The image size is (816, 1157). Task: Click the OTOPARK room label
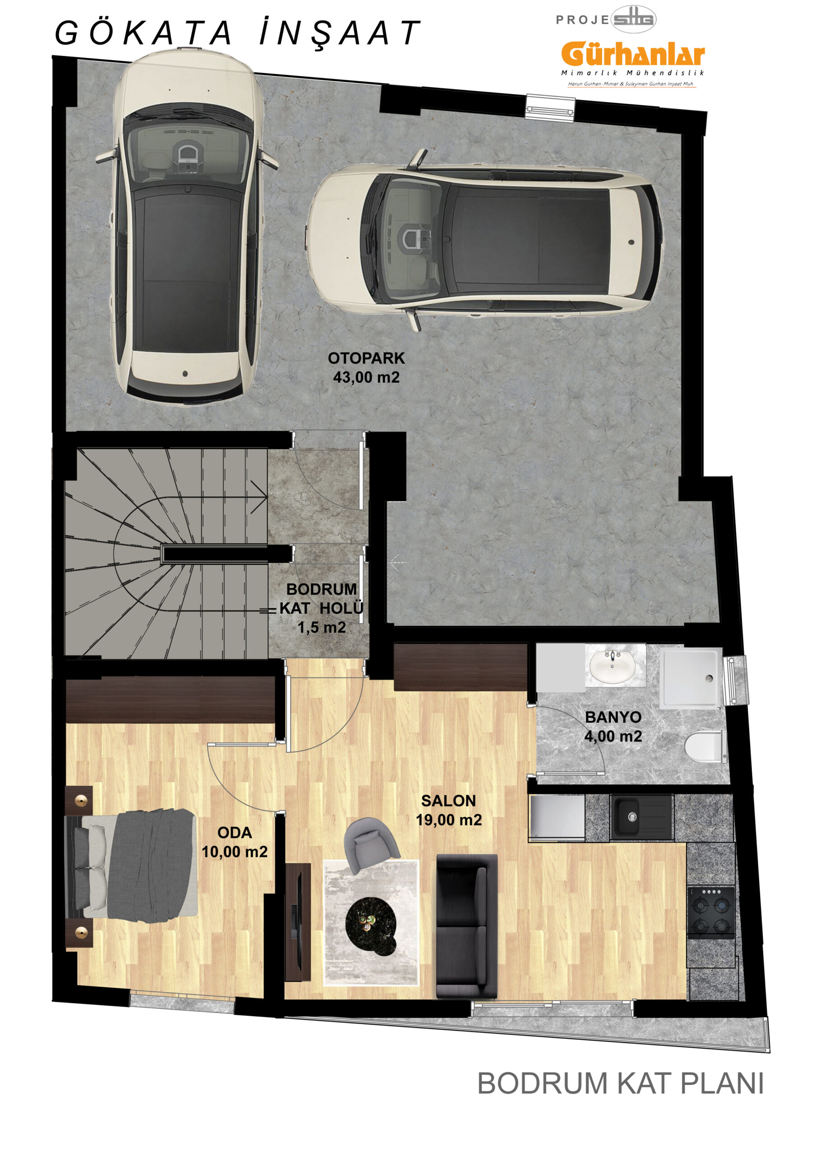click(x=366, y=358)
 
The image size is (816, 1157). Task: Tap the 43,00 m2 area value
click(x=366, y=377)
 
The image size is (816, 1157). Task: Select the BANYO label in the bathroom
click(x=613, y=717)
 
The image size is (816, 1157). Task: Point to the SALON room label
click(x=448, y=801)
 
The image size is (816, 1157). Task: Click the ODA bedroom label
click(x=235, y=832)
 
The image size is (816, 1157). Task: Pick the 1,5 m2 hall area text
click(x=321, y=627)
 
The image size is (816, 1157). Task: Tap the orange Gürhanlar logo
click(x=633, y=54)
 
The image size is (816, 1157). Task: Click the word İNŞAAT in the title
click(x=340, y=33)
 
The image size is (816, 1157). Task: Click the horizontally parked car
click(x=485, y=241)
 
